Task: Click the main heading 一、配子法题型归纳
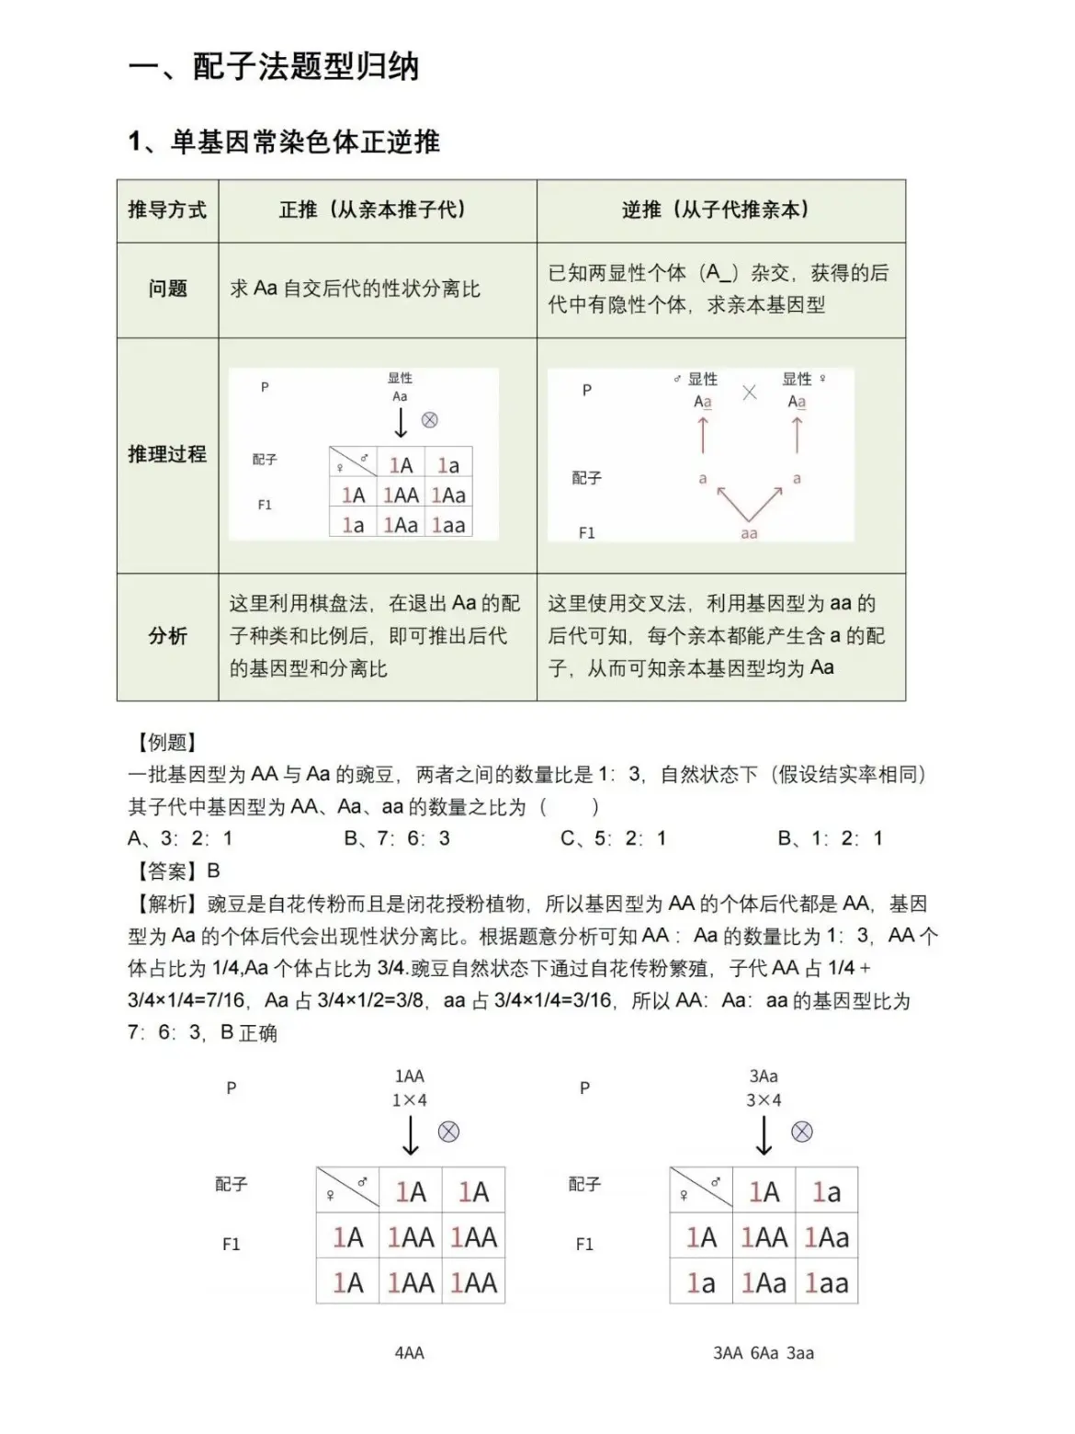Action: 274,66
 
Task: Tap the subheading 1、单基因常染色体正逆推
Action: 284,142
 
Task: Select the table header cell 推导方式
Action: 167,211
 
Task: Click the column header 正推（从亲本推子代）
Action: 377,211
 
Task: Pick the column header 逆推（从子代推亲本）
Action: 720,211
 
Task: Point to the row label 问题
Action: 167,290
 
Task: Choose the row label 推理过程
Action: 167,454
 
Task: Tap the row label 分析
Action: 167,636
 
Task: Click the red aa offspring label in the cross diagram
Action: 749,533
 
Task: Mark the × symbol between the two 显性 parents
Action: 750,393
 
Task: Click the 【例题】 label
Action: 166,743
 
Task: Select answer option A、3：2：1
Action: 180,838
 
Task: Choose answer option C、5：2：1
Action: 614,838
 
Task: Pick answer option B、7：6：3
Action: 397,838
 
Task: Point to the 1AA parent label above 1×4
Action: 410,1076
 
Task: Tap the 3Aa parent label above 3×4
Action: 764,1076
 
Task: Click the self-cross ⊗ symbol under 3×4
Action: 802,1132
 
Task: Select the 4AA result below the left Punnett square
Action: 410,1353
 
